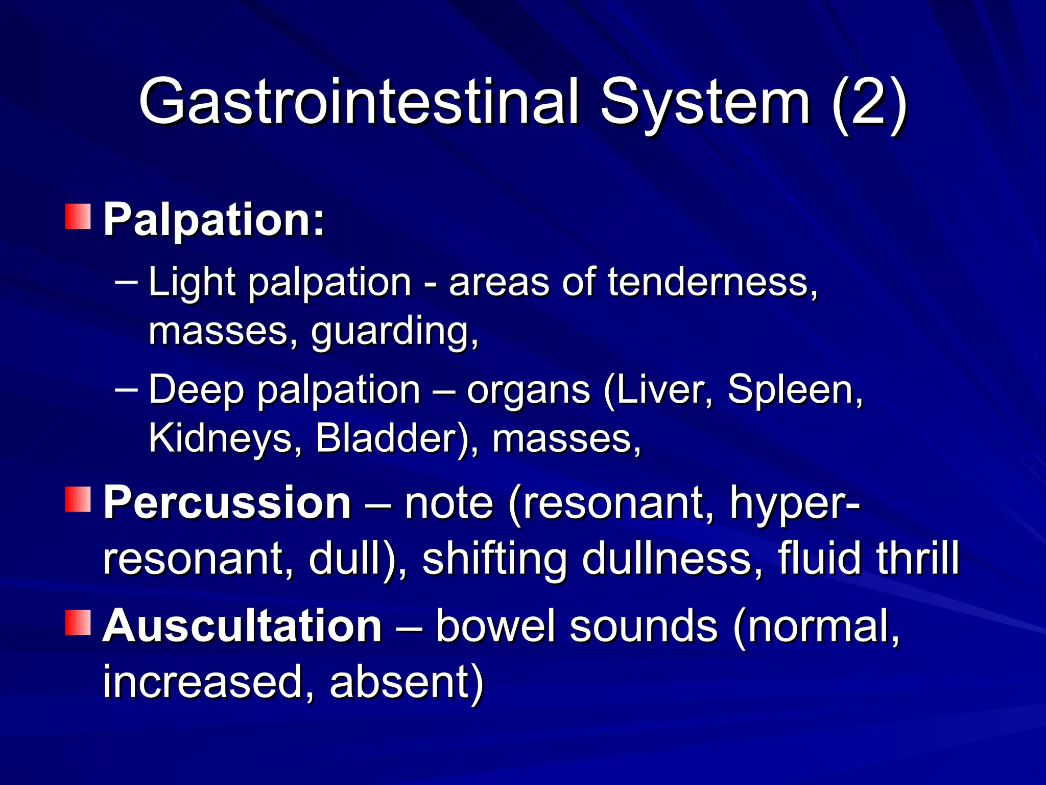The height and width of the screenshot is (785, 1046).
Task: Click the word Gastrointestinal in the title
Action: [359, 102]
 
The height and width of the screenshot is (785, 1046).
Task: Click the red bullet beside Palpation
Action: [78, 216]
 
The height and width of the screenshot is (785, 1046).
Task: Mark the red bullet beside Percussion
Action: [78, 499]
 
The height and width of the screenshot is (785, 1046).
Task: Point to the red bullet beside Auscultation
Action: [78, 622]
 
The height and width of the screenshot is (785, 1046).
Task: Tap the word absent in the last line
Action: [406, 682]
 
